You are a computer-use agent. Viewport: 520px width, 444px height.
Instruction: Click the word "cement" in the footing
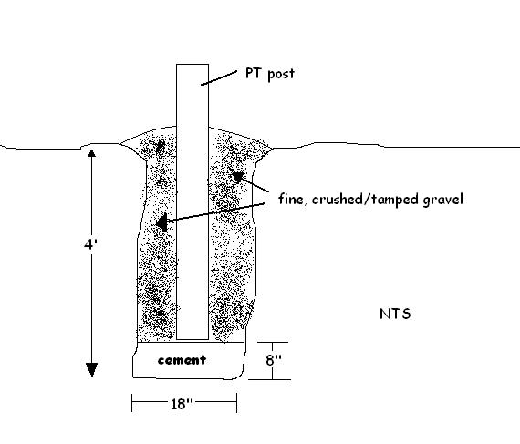point(182,360)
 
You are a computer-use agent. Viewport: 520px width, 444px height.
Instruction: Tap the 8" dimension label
point(274,360)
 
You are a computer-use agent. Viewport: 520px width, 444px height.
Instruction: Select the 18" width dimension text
point(182,404)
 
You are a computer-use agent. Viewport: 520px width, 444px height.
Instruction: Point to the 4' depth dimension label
point(90,244)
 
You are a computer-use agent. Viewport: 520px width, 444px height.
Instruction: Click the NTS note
point(395,314)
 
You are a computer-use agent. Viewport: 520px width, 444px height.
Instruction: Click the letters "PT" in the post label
point(254,73)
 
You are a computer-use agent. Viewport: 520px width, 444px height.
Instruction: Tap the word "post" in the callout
point(281,74)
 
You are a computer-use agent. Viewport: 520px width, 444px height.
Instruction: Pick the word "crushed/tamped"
point(365,200)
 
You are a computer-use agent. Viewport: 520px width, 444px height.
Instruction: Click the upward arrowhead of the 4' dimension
point(91,153)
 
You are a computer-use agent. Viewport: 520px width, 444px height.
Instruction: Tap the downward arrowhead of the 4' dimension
point(91,370)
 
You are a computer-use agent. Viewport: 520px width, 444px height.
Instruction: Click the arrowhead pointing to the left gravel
point(161,222)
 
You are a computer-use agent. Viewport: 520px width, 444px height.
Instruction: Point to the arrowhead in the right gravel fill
point(237,177)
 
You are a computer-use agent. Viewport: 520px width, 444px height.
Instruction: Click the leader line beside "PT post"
point(219,77)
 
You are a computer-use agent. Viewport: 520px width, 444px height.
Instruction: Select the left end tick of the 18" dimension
point(132,403)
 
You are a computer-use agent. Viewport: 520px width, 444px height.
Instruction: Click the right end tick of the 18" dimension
point(236,403)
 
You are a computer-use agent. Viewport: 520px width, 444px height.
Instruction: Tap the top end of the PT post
point(192,65)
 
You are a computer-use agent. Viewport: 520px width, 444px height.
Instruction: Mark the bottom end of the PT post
point(192,339)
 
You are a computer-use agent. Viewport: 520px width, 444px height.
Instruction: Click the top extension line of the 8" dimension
point(273,342)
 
